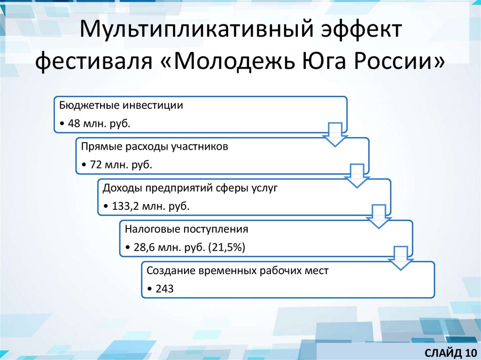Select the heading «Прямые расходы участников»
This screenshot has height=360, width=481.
pyautogui.click(x=155, y=146)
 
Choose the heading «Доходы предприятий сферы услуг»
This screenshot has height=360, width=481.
pyautogui.click(x=191, y=188)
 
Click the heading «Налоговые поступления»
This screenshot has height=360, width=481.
pyautogui.click(x=186, y=229)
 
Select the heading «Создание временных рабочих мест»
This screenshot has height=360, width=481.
pyautogui.click(x=238, y=270)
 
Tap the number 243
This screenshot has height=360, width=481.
pyautogui.click(x=163, y=289)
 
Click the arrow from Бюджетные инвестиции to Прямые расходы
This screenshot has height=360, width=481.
pyautogui.click(x=335, y=135)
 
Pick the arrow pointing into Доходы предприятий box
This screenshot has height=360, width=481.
pyautogui.click(x=357, y=176)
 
